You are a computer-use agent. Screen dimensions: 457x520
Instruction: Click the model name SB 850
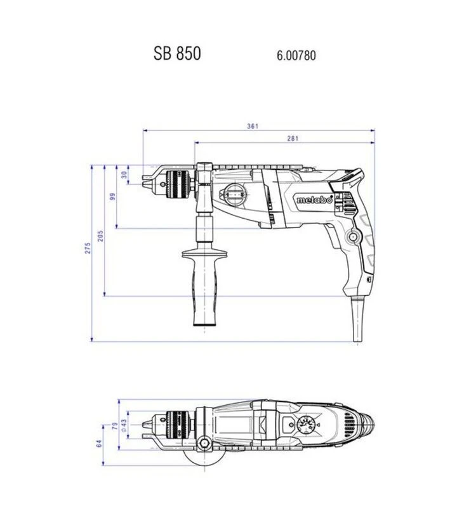click(177, 53)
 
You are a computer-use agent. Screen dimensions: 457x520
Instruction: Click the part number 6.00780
click(296, 55)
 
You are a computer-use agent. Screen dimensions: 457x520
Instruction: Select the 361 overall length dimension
click(253, 126)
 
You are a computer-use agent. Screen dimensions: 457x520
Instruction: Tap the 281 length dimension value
click(293, 139)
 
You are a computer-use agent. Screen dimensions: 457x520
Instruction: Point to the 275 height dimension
click(88, 248)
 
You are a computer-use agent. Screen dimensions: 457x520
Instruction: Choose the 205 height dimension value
click(100, 236)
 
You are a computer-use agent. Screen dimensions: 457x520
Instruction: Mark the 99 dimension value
click(112, 196)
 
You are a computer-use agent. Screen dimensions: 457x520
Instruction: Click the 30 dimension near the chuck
click(124, 175)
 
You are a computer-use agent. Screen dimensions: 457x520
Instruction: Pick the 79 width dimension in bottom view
click(115, 425)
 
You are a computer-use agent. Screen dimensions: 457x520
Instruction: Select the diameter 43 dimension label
click(124, 425)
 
